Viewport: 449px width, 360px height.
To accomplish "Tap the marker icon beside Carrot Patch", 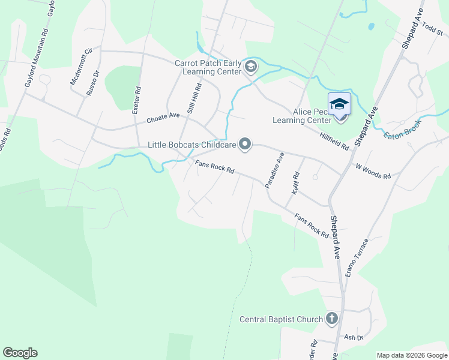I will [251, 67].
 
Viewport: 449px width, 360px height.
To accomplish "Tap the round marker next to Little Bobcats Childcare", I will [245, 144].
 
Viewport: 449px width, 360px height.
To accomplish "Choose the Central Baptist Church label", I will [281, 319].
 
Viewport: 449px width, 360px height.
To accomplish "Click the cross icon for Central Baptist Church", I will [332, 319].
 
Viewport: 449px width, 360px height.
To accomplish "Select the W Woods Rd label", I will [373, 172].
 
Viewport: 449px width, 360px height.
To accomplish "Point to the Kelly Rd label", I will [295, 182].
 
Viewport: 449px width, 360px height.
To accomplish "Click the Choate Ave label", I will [164, 117].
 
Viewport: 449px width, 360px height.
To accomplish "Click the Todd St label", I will [432, 27].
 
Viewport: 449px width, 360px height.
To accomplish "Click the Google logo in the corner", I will [20, 353].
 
